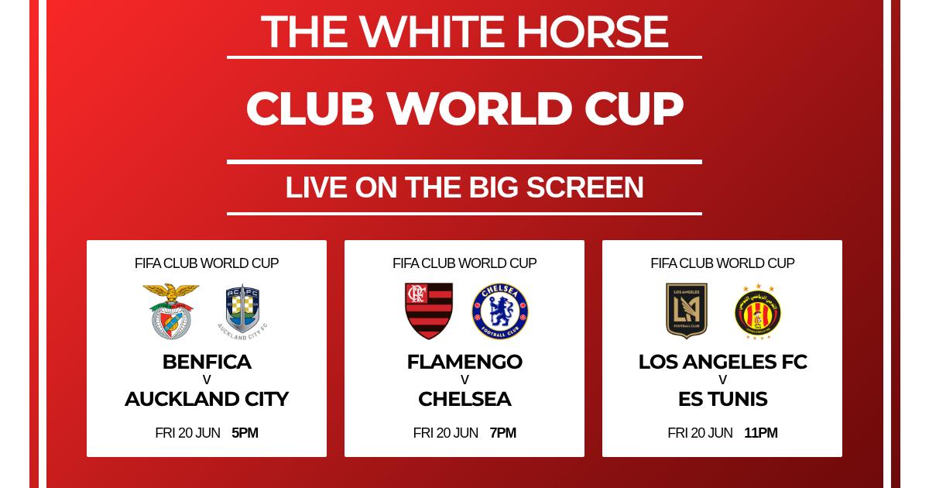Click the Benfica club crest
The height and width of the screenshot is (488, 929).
(171, 311)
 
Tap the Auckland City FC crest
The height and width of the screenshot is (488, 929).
(242, 312)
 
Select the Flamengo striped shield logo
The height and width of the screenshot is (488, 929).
(428, 311)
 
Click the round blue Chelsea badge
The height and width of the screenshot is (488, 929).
(500, 311)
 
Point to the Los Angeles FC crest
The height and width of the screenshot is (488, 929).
(687, 311)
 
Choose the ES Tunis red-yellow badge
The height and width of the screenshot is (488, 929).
(758, 311)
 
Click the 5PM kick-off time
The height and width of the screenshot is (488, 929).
(245, 433)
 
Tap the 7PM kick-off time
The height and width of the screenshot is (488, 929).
(502, 433)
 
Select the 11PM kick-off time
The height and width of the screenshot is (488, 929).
(760, 433)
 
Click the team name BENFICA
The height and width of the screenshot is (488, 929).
(207, 362)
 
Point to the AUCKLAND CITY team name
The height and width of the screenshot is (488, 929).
(207, 399)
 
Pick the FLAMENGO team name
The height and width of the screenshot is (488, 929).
(464, 362)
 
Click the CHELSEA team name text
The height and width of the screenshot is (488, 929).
(464, 399)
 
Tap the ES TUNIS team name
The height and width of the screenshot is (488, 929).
(722, 399)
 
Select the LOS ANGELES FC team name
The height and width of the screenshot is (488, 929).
(722, 362)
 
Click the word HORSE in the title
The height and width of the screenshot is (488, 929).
(592, 32)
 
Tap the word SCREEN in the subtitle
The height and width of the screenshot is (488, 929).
(584, 187)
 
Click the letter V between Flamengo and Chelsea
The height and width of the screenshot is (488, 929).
(464, 380)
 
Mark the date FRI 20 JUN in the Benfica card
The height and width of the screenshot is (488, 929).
(187, 433)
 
